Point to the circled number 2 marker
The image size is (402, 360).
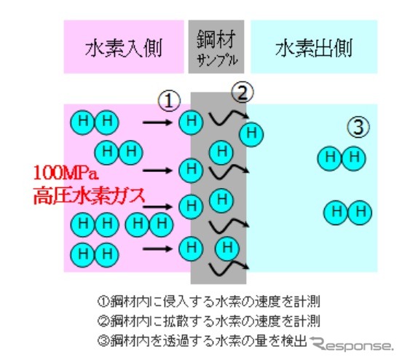coord(243,92)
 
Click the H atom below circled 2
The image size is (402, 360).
coord(252,133)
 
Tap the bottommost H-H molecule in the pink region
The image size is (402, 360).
coord(94,254)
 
